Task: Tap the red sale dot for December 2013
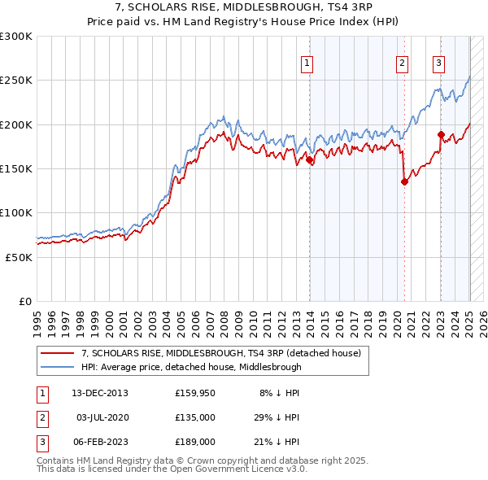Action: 310,160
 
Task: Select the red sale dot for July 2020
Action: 404,182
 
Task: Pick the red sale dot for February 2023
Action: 441,135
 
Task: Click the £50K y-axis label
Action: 19,256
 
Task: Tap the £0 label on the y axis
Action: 24,301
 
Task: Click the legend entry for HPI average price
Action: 191,367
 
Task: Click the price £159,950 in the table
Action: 194,393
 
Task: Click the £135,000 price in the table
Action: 194,417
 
